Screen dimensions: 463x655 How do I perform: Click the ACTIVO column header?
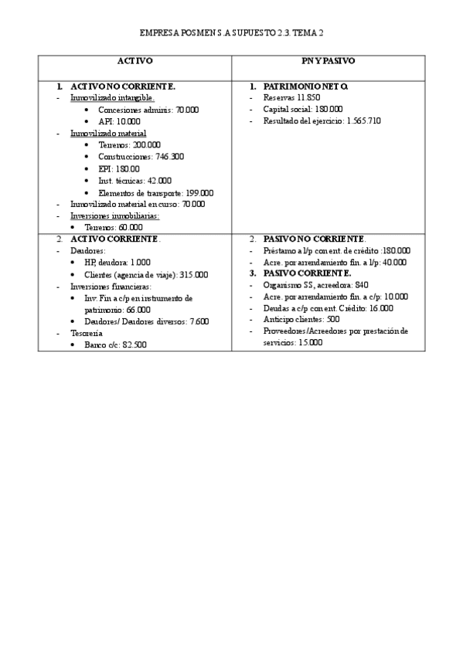[x=134, y=60]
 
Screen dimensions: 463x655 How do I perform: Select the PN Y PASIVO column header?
[x=329, y=60]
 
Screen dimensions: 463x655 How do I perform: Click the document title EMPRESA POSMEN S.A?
[x=231, y=34]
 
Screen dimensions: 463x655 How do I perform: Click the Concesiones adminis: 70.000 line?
[x=148, y=110]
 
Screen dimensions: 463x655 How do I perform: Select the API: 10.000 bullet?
[x=120, y=121]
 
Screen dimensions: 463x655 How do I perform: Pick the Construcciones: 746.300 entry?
[x=141, y=156]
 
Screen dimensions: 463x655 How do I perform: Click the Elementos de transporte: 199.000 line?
[x=156, y=192]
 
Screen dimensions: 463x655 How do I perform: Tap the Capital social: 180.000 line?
[x=302, y=110]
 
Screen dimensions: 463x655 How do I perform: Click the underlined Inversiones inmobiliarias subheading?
[x=114, y=216]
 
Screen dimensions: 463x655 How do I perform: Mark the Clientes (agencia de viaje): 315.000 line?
[x=147, y=274]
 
